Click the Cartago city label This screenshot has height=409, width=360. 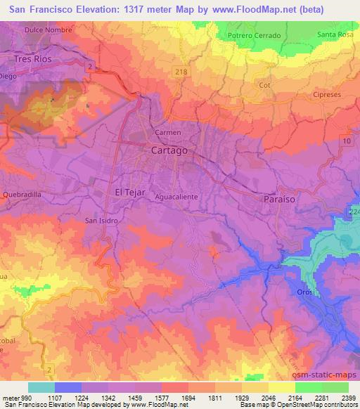pyautogui.click(x=169, y=150)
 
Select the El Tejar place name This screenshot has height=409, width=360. pyautogui.click(x=129, y=192)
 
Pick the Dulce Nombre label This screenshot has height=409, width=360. pyautogui.click(x=49, y=30)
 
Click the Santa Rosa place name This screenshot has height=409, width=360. pyautogui.click(x=335, y=34)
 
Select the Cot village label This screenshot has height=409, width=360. pyautogui.click(x=265, y=85)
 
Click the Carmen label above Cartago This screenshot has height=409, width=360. pyautogui.click(x=168, y=132)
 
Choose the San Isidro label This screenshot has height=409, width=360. pyautogui.click(x=101, y=220)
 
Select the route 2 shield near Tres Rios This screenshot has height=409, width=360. pyautogui.click(x=91, y=65)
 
